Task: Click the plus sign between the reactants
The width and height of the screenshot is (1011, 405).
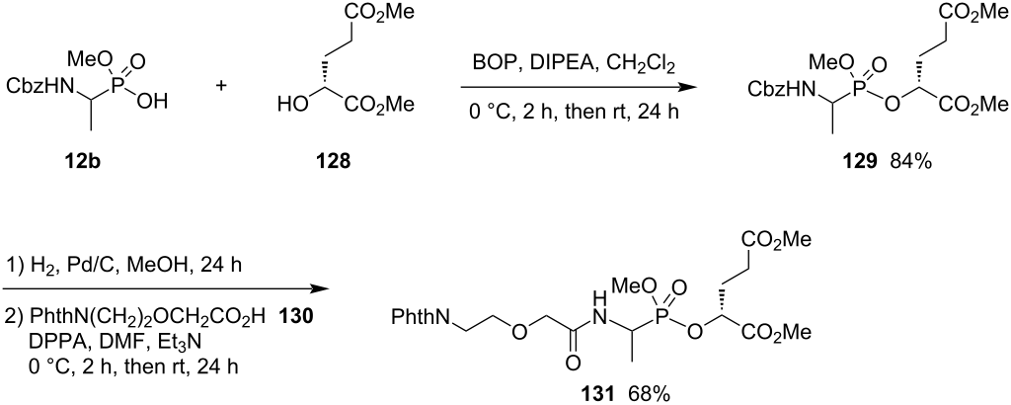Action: pos(221,86)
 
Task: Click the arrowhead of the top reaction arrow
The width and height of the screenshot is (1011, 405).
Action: pos(698,86)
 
